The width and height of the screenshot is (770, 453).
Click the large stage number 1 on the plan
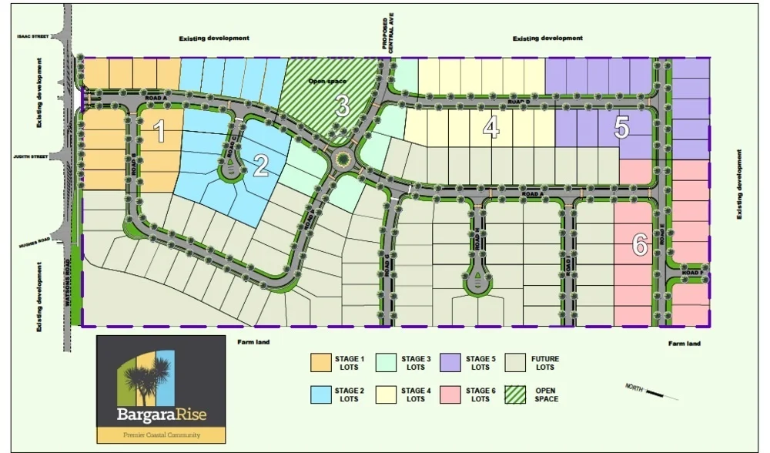coord(159,133)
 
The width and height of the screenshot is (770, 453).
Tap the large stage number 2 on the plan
coord(262,164)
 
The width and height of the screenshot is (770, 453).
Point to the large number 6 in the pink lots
coord(639,245)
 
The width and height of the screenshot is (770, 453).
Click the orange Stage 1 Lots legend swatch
coord(320,363)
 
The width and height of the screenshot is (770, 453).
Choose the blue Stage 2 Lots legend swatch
coord(320,394)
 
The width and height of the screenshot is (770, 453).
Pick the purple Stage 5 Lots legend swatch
coord(452,363)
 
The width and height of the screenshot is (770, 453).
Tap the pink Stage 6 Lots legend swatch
coord(452,394)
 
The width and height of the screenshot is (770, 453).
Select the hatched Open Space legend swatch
coord(520,394)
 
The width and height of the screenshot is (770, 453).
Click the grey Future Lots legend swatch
coord(520,363)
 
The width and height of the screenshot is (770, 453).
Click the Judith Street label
coord(31,156)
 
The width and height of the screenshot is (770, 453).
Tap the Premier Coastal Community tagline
coord(162,435)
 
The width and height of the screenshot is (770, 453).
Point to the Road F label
coord(691,273)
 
